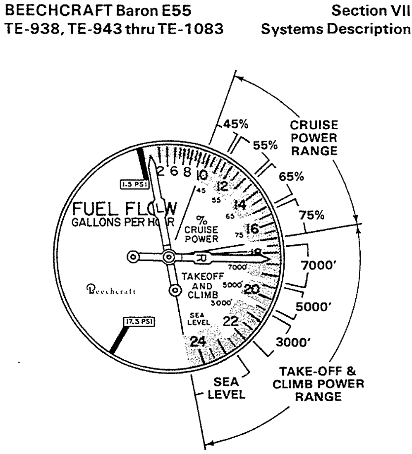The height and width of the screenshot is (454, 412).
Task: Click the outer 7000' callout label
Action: [326, 264]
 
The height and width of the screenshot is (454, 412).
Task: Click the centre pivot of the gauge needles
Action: [168, 257]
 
